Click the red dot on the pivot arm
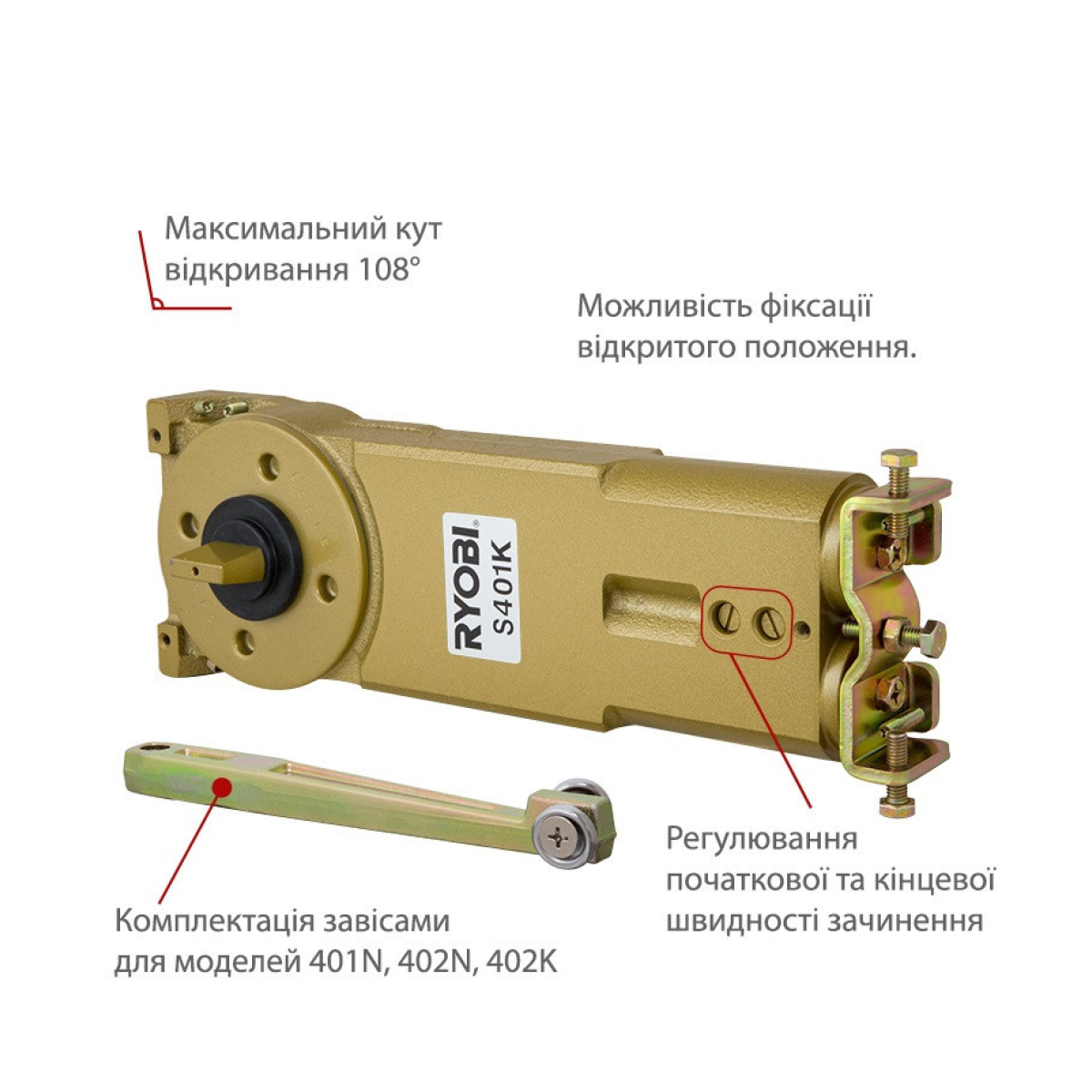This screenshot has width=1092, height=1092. click(223, 786)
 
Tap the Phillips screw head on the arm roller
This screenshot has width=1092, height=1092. click(561, 837)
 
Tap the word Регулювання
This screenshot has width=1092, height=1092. click(763, 837)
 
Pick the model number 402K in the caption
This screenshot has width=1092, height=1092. click(522, 962)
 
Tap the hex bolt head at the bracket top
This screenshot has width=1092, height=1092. click(898, 457)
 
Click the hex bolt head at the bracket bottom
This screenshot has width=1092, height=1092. click(897, 806)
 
